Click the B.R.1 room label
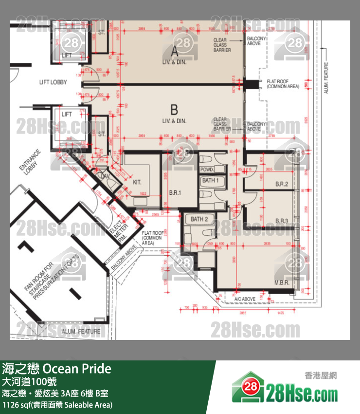pos(175,193)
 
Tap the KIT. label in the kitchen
pos(137,182)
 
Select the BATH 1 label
pos(210,181)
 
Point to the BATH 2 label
pos(199,219)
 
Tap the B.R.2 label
pos(282,184)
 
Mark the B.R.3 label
pos(282,221)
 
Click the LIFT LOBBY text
pos(53,82)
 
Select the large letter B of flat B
pos(174,110)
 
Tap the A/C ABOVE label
pos(245,299)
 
